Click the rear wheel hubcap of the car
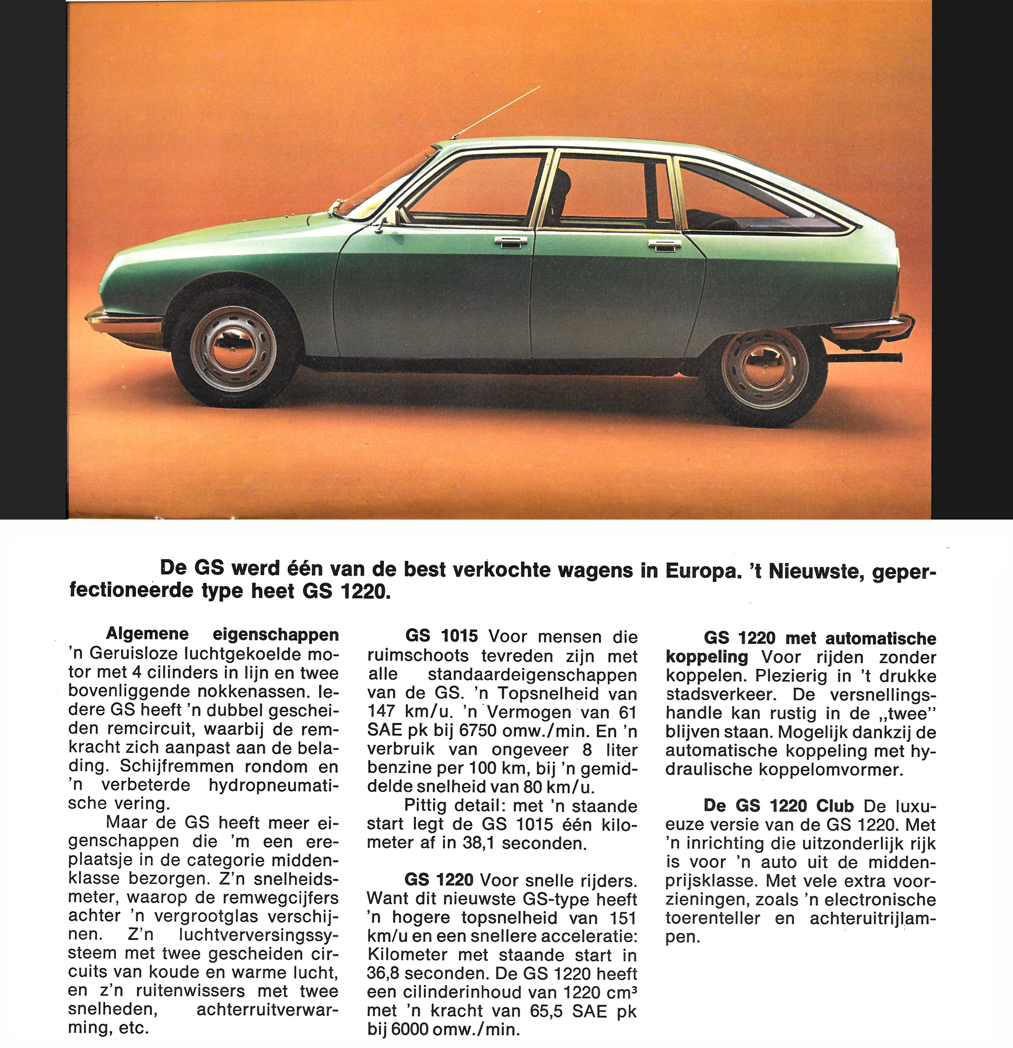click(765, 365)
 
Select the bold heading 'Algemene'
click(147, 634)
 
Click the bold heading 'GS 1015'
click(441, 636)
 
